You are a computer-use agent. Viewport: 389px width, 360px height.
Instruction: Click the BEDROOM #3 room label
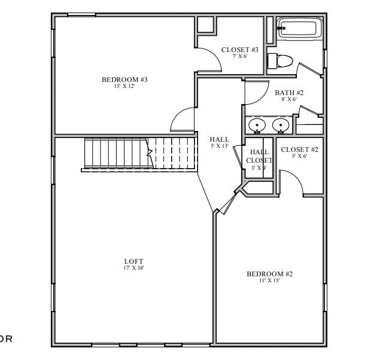(124, 80)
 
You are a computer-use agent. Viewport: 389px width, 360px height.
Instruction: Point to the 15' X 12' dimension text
(124, 86)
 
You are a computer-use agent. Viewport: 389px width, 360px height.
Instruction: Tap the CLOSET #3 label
(239, 50)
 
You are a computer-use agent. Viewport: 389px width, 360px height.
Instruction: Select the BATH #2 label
(289, 93)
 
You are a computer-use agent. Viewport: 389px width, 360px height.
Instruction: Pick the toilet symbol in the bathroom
(279, 60)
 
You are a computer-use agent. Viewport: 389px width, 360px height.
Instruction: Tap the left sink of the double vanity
(257, 126)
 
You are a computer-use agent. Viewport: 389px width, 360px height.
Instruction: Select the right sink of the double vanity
(279, 126)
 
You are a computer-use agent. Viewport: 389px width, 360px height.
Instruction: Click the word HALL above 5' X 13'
(219, 139)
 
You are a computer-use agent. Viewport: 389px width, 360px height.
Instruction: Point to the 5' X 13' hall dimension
(219, 146)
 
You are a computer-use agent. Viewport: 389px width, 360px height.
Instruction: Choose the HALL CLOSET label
(259, 156)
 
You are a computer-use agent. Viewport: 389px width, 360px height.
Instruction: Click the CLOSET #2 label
(299, 150)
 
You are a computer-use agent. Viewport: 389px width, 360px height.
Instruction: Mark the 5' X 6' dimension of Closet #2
(299, 156)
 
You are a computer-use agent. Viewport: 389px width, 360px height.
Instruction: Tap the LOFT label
(133, 261)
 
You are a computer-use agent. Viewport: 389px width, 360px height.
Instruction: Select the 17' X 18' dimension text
(133, 268)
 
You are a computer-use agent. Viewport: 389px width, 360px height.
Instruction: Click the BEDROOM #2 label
(269, 274)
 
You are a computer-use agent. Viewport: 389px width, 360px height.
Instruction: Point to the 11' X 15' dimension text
(269, 280)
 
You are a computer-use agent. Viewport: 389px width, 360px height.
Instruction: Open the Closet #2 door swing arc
(291, 182)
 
